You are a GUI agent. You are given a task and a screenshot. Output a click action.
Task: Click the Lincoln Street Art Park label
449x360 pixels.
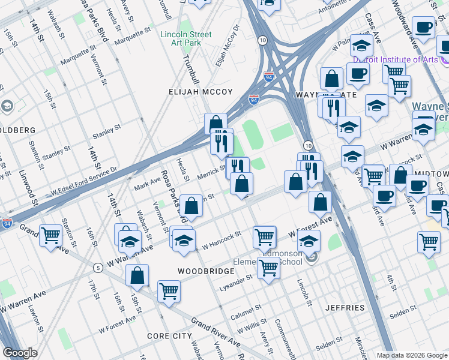[185, 38]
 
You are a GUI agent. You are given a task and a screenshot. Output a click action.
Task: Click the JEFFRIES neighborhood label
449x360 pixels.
[345, 308]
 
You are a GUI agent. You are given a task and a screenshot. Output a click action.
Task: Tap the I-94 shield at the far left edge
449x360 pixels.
[7, 223]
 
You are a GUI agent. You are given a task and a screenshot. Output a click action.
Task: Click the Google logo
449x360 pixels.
[20, 353]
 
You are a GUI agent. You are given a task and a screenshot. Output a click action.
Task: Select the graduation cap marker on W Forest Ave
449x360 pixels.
[309, 241]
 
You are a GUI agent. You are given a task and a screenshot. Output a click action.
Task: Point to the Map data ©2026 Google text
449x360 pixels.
[411, 355]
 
